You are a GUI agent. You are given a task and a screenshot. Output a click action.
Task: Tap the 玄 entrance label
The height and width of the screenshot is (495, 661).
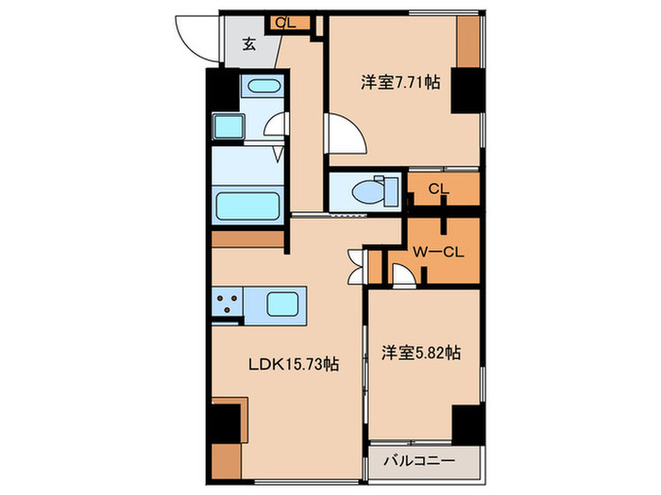[248, 43]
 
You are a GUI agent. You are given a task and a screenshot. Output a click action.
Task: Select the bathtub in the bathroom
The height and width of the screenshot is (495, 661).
[246, 205]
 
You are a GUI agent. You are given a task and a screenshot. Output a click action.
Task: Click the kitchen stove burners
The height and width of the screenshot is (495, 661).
[228, 304]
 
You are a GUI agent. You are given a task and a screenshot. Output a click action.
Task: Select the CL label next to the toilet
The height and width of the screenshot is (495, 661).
[437, 189]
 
